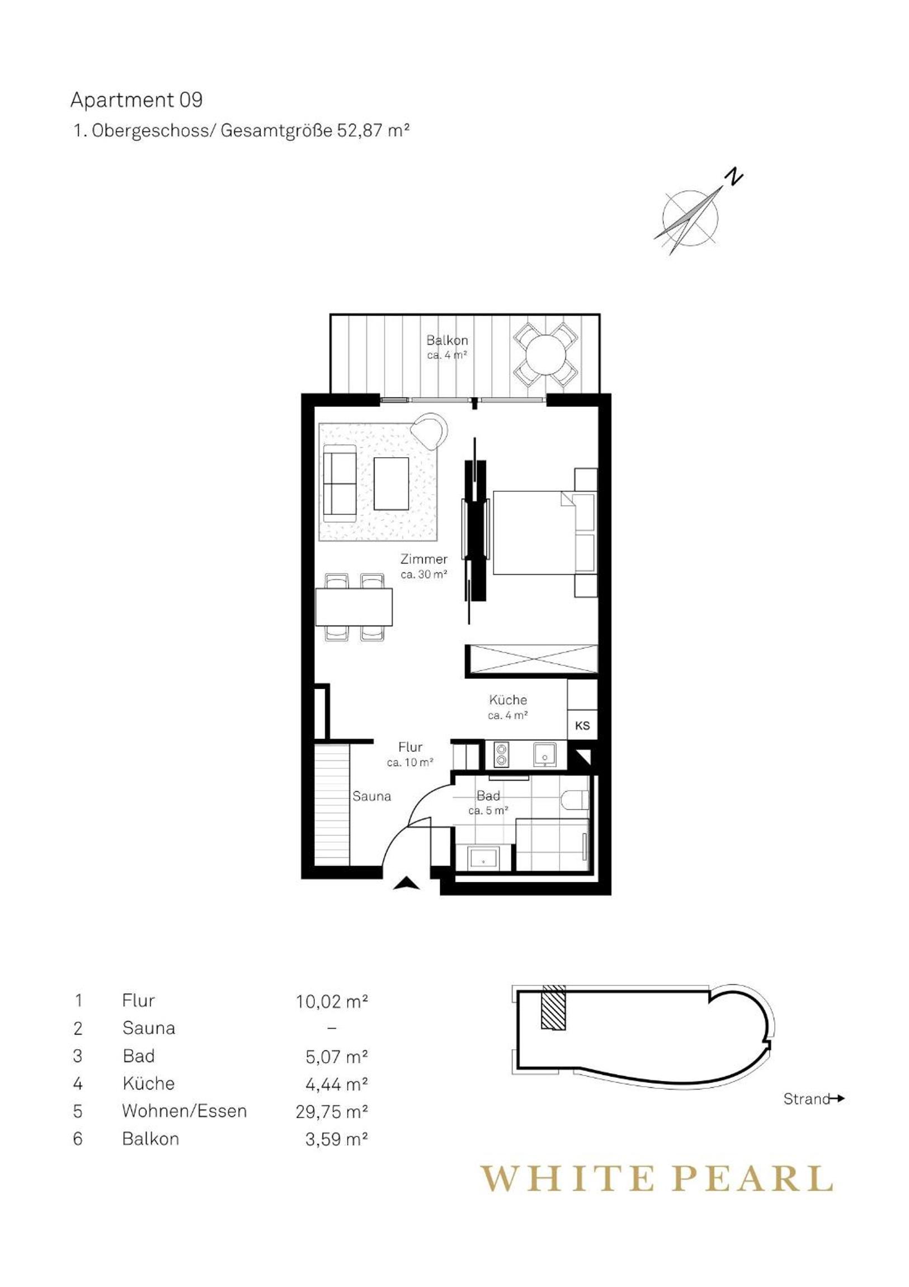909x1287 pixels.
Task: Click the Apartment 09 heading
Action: pyautogui.click(x=136, y=100)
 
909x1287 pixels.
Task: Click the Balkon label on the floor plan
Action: pyautogui.click(x=446, y=340)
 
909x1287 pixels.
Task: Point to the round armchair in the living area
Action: pyautogui.click(x=430, y=430)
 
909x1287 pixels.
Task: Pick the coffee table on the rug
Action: pyautogui.click(x=391, y=483)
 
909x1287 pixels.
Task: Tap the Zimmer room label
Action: pyautogui.click(x=423, y=559)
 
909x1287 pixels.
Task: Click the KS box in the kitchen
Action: pyautogui.click(x=582, y=725)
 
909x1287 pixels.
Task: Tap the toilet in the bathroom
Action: pyautogui.click(x=574, y=799)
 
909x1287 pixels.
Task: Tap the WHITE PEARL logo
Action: pyautogui.click(x=656, y=1176)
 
